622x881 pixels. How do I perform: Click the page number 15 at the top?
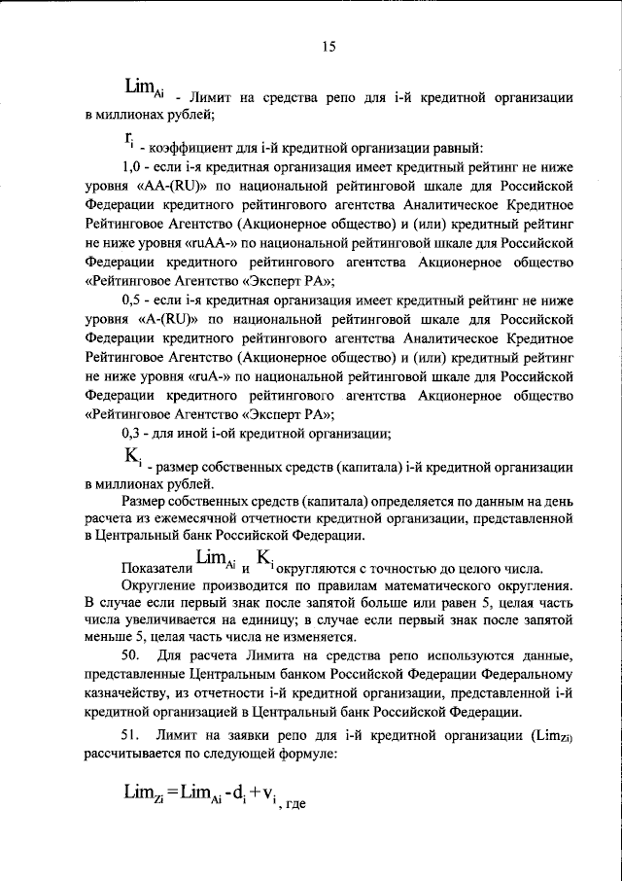coord(328,46)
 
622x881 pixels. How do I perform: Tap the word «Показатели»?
coord(155,567)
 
